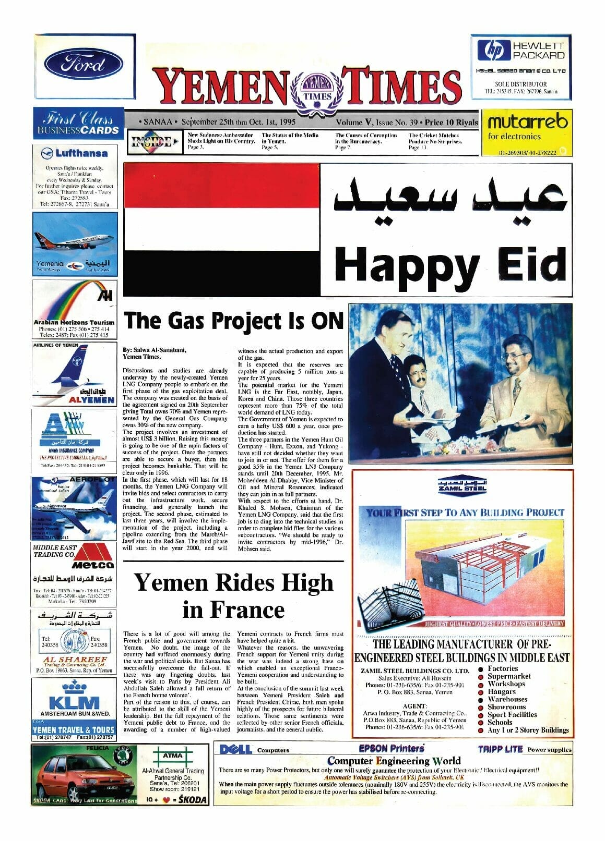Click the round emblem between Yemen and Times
pyautogui.click(x=317, y=88)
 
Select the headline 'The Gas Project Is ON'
pyautogui.click(x=233, y=320)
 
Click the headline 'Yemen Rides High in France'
pyautogui.click(x=233, y=595)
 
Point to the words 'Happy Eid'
pyautogui.click(x=450, y=263)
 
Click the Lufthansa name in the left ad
pyautogui.click(x=81, y=153)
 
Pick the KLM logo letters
pyautogui.click(x=74, y=702)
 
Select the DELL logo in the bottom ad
pyautogui.click(x=236, y=749)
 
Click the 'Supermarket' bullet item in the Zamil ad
pyautogui.click(x=509, y=676)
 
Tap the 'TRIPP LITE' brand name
pyautogui.click(x=500, y=749)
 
